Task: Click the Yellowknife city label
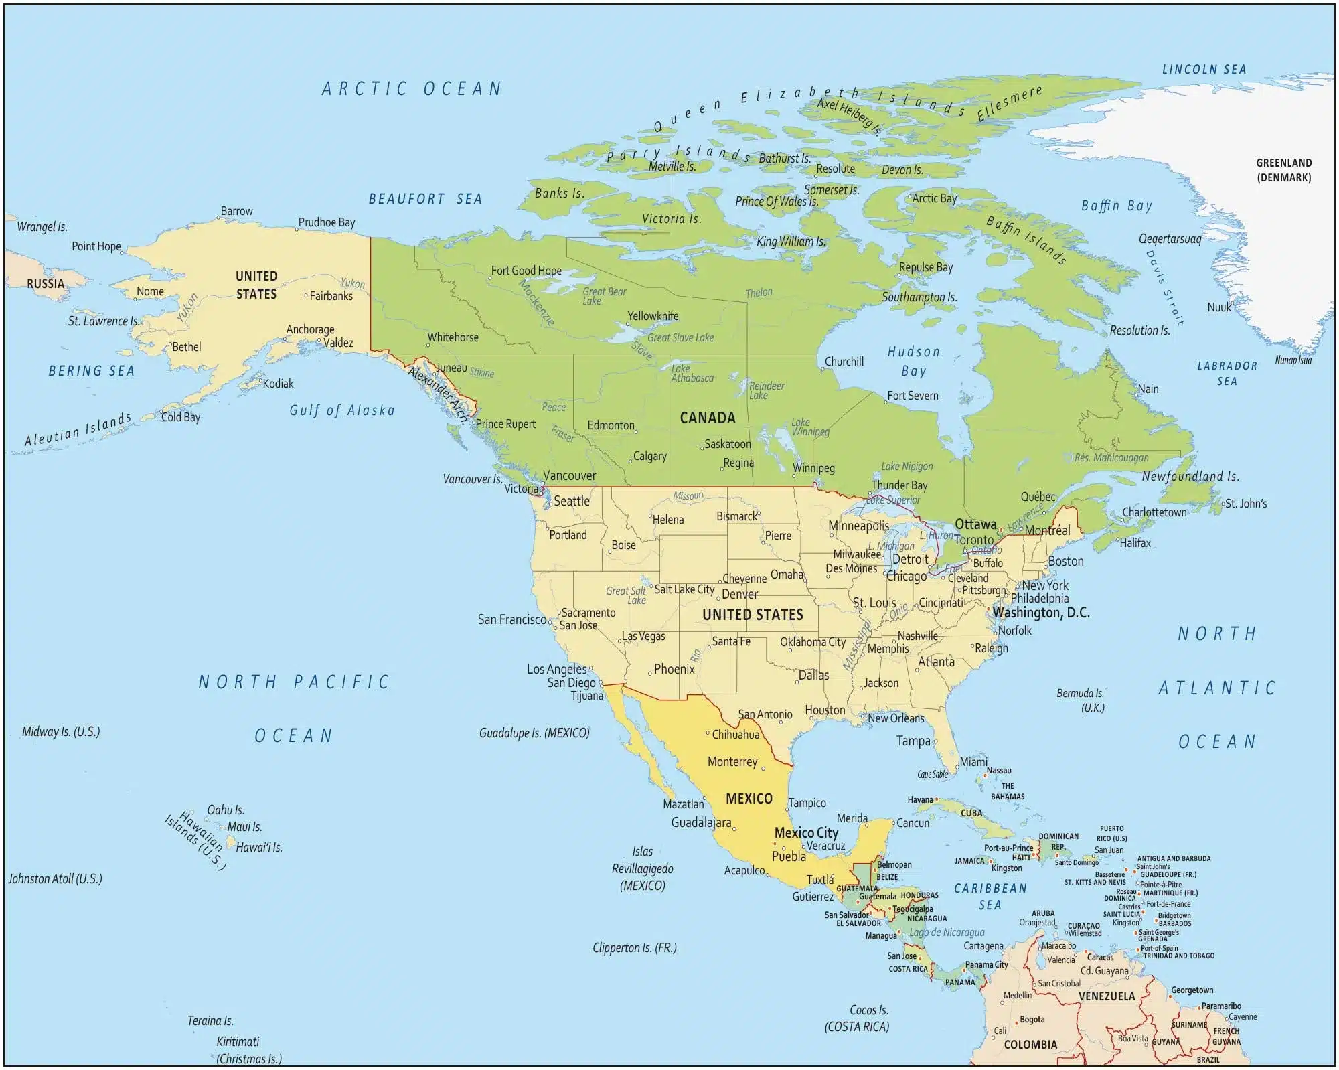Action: (653, 316)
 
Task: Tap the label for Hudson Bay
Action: (913, 361)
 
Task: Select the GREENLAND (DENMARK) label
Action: (1283, 170)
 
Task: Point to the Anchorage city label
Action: (310, 329)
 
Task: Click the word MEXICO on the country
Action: (749, 799)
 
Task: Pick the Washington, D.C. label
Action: (1040, 613)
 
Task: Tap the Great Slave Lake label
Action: (680, 338)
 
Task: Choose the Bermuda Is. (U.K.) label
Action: (1080, 700)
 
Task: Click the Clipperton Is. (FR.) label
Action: (634, 948)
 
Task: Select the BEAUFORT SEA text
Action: (425, 199)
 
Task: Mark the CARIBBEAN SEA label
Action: (990, 896)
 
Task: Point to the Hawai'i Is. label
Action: (258, 848)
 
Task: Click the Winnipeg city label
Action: (813, 468)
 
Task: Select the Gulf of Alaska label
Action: (341, 410)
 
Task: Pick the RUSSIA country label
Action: (46, 284)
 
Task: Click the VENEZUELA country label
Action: (1106, 996)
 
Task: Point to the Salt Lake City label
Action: (684, 589)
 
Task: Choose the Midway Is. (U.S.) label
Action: (61, 732)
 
